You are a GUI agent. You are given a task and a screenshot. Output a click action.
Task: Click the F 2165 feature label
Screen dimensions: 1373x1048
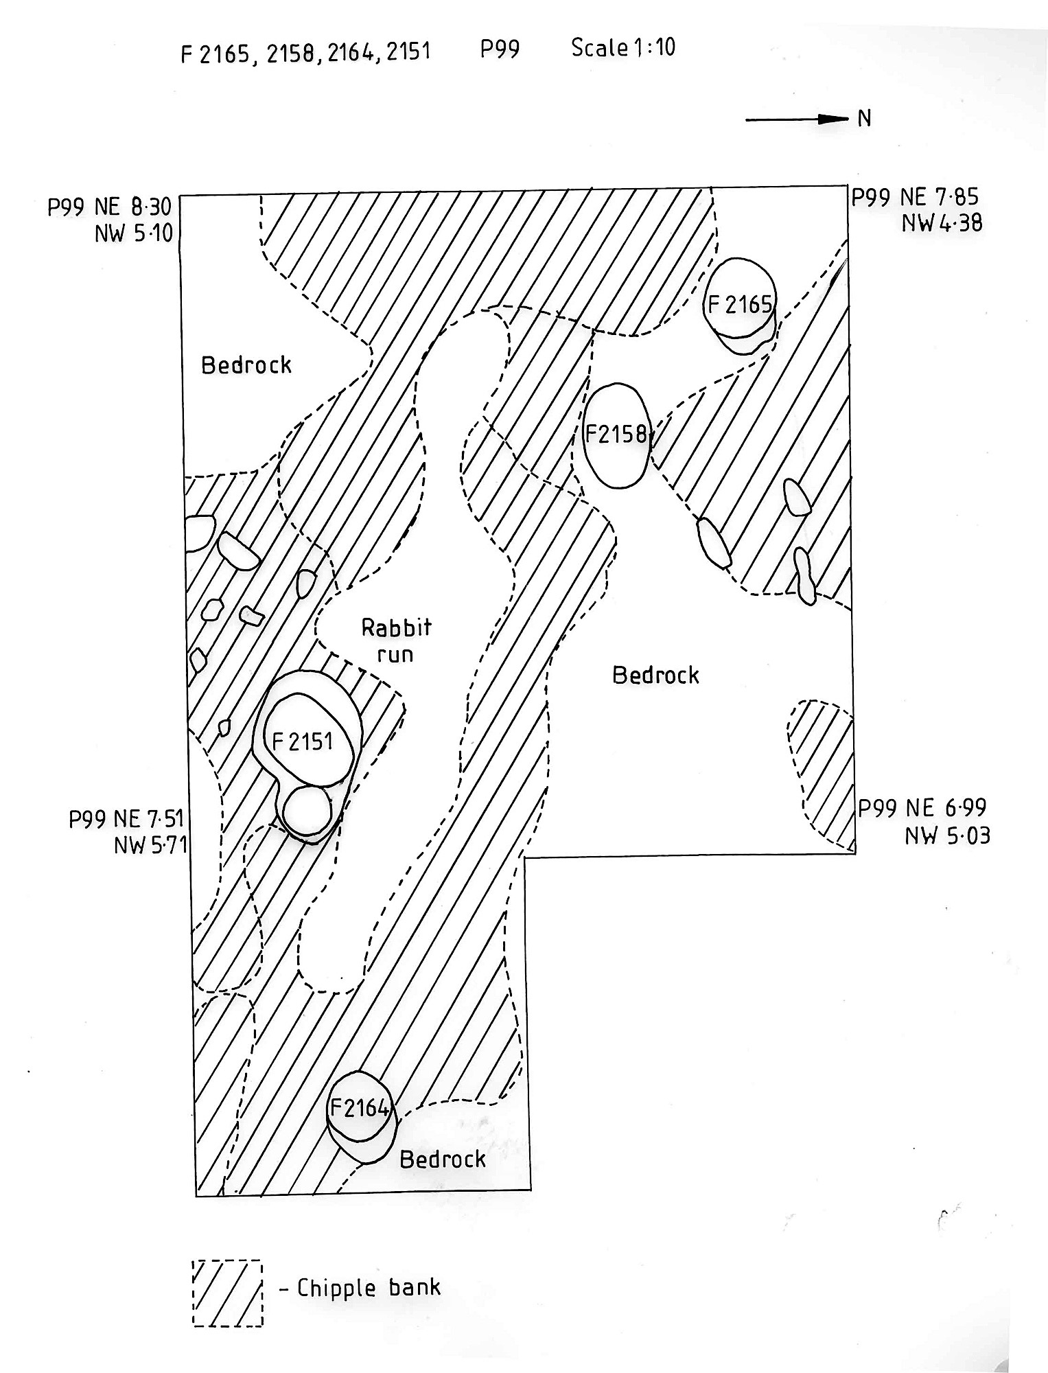pos(740,304)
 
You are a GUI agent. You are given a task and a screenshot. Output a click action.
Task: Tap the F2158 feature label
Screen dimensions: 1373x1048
pos(616,434)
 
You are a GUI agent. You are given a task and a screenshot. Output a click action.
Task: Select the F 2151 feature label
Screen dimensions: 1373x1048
pos(303,741)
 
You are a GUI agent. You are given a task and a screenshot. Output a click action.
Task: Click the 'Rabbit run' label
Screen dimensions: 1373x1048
pos(396,640)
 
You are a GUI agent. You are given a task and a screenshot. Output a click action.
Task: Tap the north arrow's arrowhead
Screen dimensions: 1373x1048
pos(837,119)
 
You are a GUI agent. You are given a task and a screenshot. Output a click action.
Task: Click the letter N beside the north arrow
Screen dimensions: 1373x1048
pos(865,119)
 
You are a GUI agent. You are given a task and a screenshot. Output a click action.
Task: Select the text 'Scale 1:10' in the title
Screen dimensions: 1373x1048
pos(622,47)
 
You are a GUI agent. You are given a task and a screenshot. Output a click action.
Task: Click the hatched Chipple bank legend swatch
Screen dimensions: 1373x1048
pos(227,1293)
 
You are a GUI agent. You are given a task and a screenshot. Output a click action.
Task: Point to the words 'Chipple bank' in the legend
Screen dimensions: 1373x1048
pos(369,1287)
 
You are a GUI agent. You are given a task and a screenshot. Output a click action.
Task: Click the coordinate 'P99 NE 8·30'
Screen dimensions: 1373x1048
pos(109,207)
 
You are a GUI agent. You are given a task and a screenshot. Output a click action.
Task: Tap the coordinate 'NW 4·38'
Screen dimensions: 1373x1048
pos(943,223)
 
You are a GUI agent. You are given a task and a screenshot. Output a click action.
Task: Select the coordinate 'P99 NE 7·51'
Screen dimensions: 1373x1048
pos(126,819)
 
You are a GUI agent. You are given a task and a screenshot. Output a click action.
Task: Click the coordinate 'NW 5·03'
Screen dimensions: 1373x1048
pos(947,836)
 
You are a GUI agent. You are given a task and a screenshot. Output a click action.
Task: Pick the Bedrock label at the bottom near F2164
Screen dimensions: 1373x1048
pos(443,1159)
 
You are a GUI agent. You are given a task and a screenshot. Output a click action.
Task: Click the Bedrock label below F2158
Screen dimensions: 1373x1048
pos(655,676)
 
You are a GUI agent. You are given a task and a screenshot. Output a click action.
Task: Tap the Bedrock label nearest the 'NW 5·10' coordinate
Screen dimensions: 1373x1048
pos(246,365)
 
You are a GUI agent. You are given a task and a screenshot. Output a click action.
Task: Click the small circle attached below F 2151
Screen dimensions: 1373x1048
pos(307,809)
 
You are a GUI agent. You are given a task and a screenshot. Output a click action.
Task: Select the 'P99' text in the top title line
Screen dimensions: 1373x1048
pos(500,49)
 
